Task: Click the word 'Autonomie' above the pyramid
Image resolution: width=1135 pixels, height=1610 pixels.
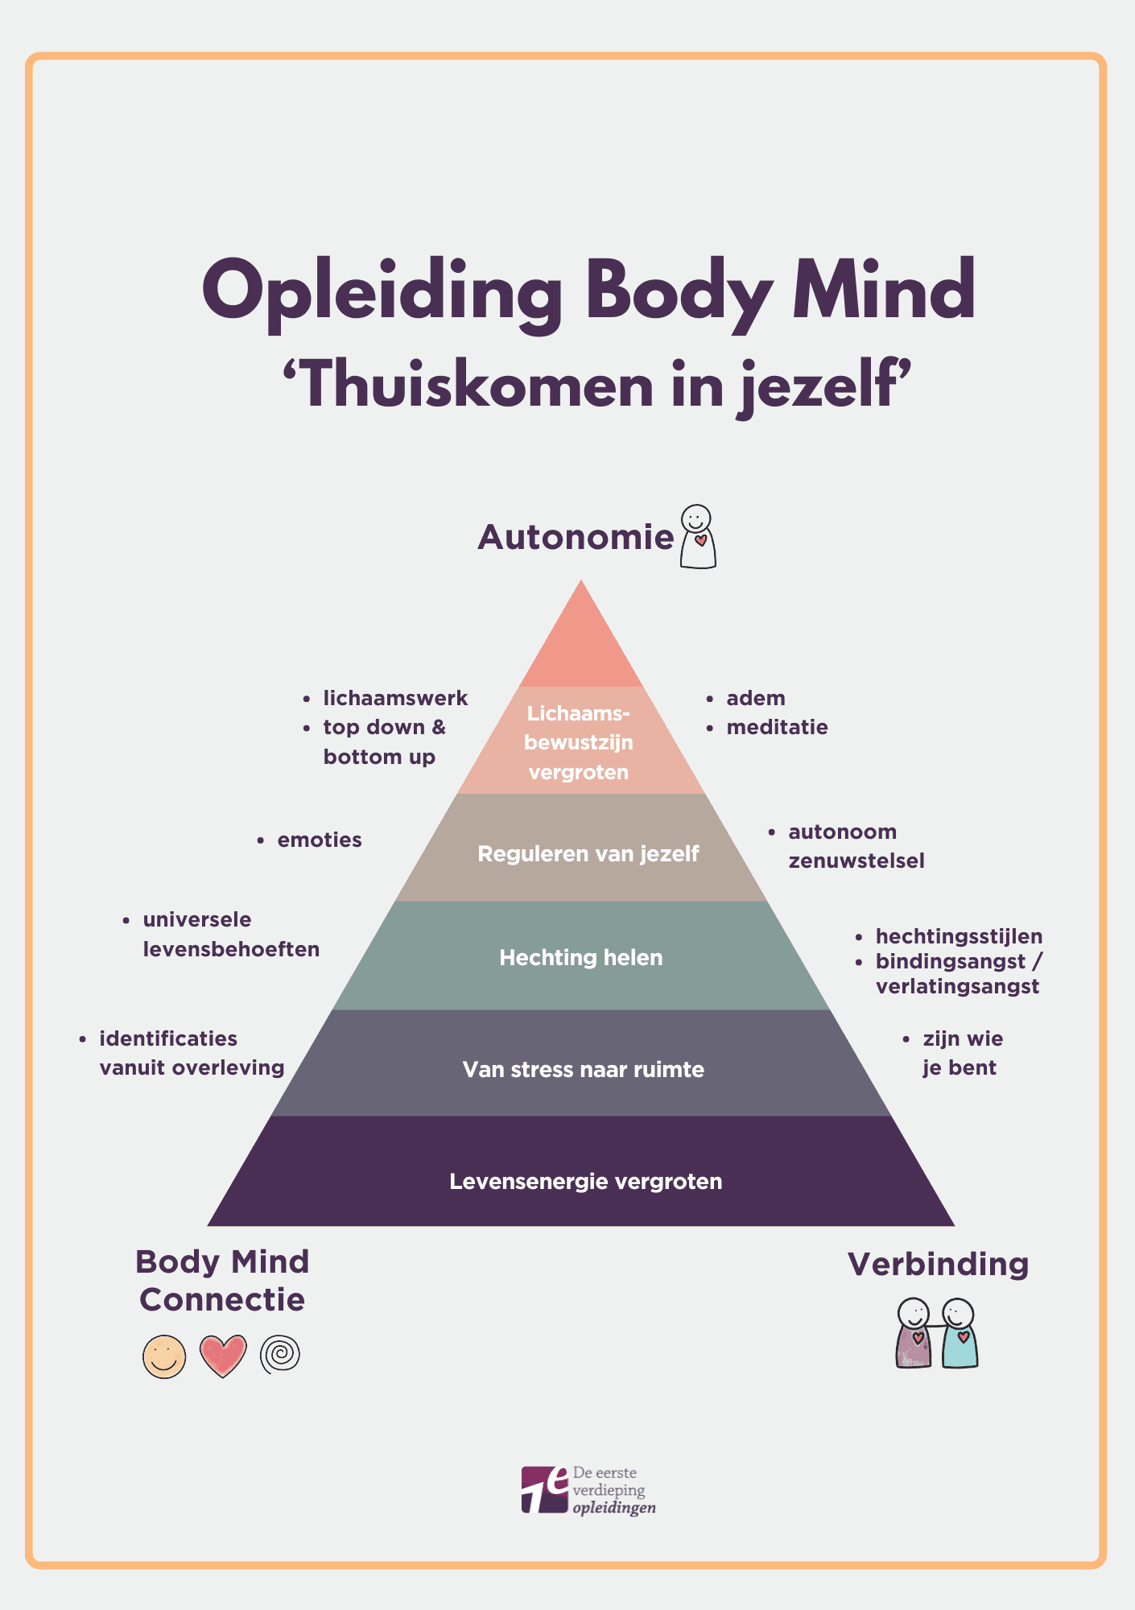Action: (x=576, y=537)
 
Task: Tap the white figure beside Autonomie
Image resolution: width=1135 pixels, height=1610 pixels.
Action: (x=698, y=538)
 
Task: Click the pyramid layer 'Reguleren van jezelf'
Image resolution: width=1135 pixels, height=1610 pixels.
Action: (x=588, y=853)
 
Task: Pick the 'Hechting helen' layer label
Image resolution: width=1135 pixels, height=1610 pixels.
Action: (x=581, y=957)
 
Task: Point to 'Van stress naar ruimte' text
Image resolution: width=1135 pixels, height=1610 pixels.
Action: (x=584, y=1069)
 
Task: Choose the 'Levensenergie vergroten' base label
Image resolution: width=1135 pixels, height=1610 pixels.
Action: (x=586, y=1181)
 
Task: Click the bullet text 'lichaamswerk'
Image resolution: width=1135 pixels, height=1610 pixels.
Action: (x=395, y=698)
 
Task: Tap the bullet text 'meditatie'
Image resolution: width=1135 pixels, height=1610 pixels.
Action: (x=777, y=727)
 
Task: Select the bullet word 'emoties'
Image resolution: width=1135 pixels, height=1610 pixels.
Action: (x=320, y=840)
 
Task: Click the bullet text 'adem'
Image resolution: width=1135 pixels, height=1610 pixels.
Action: (x=756, y=698)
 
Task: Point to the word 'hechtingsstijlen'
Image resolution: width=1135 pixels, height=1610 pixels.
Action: (x=959, y=936)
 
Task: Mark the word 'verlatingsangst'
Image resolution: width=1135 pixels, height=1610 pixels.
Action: (x=957, y=986)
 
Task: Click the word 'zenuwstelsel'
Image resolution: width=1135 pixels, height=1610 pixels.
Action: (x=856, y=861)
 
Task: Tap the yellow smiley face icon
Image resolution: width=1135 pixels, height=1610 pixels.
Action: (x=164, y=1356)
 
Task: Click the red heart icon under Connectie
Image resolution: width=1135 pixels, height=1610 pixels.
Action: (x=223, y=1356)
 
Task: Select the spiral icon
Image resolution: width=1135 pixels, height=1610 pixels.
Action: (x=280, y=1353)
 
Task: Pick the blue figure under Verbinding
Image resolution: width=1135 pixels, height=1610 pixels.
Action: (x=960, y=1335)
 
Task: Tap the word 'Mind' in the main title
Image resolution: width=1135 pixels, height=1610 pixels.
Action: (x=884, y=291)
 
